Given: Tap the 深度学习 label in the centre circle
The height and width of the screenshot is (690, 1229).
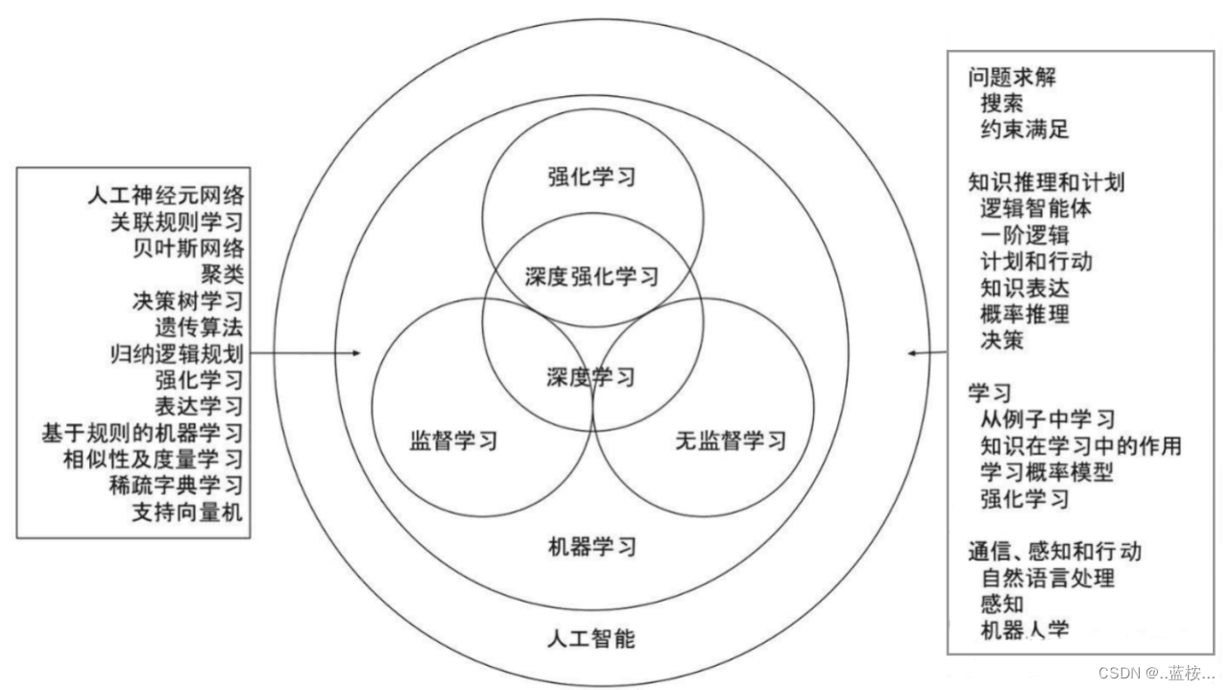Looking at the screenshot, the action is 592,376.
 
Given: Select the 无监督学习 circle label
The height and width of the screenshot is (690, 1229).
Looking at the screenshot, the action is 731,441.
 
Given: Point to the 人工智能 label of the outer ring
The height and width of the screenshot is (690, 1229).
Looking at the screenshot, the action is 590,638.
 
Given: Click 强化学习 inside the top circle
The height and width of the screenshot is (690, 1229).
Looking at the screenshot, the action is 592,177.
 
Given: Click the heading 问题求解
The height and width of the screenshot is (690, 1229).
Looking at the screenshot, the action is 1012,78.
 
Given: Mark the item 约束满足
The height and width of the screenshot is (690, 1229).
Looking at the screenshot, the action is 1024,129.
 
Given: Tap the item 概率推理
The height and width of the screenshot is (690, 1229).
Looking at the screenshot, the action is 1024,313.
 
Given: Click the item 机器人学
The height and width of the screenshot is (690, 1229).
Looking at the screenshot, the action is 1024,631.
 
